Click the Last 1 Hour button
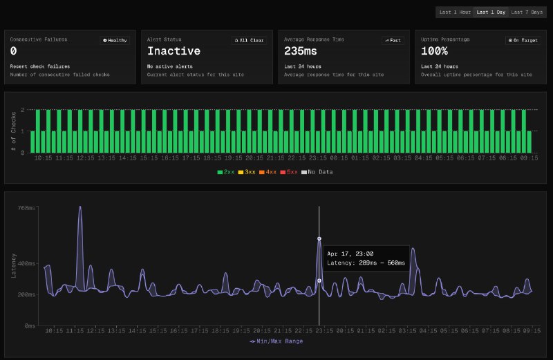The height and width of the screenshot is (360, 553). tap(455, 12)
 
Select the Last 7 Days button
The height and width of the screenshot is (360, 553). tap(527, 12)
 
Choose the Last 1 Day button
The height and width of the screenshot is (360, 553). tap(491, 12)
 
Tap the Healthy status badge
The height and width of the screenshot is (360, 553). tap(115, 40)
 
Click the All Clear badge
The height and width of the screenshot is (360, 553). tap(250, 40)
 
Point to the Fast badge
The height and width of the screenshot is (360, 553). tap(393, 40)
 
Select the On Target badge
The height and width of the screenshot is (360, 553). tap(523, 40)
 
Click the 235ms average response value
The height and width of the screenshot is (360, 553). tap(300, 51)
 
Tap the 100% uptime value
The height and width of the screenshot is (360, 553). tap(435, 51)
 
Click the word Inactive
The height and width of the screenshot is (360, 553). tap(174, 51)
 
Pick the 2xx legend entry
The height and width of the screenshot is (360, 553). tap(226, 171)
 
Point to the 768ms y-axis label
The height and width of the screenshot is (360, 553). tap(26, 207)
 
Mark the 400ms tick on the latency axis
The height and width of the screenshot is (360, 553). tap(26, 263)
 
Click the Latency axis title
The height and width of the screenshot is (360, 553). tap(14, 266)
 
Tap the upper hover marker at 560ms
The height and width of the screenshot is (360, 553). tap(319, 238)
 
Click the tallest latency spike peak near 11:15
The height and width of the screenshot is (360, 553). tap(79, 207)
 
